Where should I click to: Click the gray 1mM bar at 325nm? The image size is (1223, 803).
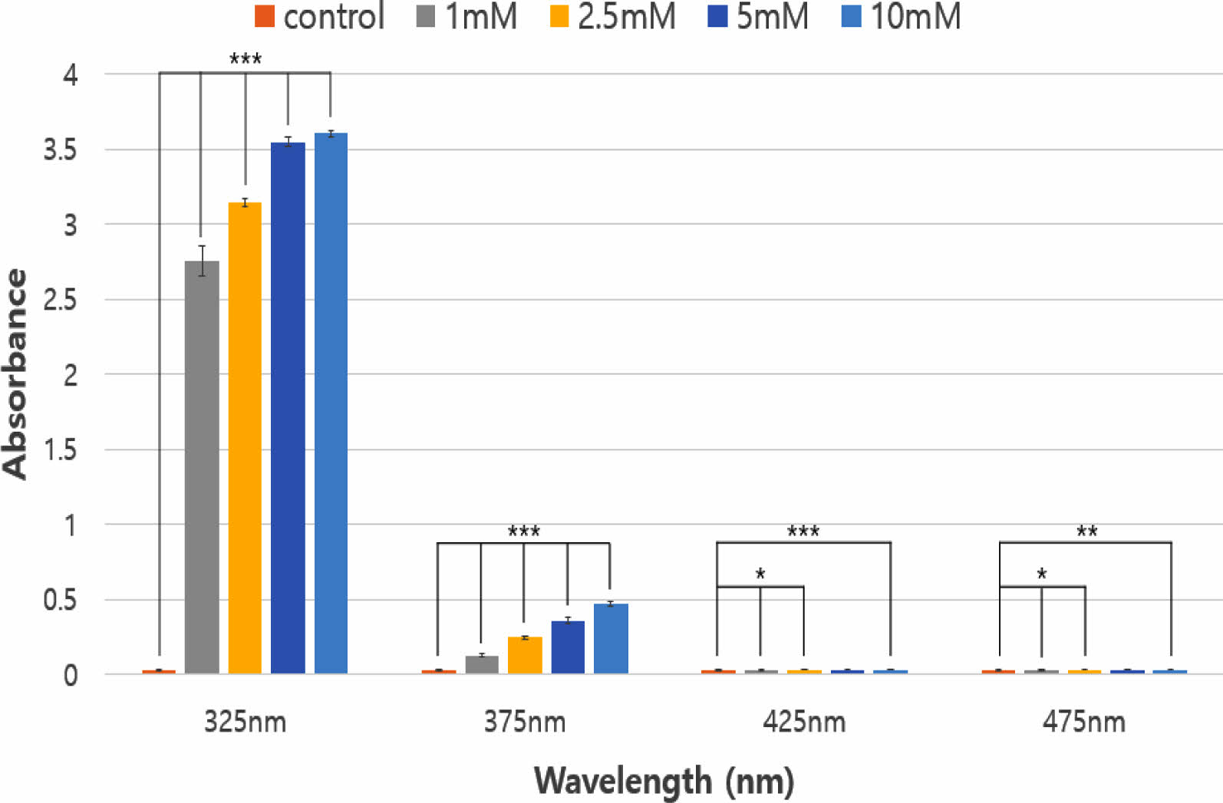pyautogui.click(x=202, y=468)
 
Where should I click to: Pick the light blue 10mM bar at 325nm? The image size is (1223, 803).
pyautogui.click(x=331, y=403)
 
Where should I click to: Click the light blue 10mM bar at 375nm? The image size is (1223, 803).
pyautogui.click(x=611, y=639)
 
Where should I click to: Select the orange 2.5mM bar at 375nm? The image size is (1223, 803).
pyautogui.click(x=525, y=655)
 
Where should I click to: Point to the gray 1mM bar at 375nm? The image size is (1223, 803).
pyautogui.click(x=482, y=664)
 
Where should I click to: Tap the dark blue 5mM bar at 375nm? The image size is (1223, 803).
pyautogui.click(x=568, y=647)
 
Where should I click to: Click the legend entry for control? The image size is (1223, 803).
pyautogui.click(x=319, y=16)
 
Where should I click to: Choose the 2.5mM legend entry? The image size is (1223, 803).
pyautogui.click(x=613, y=16)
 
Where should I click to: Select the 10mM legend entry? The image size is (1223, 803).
pyautogui.click(x=902, y=16)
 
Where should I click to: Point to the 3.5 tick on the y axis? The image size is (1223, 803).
pyautogui.click(x=61, y=150)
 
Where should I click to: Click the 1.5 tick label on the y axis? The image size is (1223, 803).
pyautogui.click(x=61, y=450)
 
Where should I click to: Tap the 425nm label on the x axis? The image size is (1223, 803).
pyautogui.click(x=804, y=722)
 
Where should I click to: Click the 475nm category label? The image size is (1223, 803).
pyautogui.click(x=1083, y=722)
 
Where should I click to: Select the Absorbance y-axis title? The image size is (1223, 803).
pyautogui.click(x=15, y=374)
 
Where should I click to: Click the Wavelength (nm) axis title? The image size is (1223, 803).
pyautogui.click(x=664, y=781)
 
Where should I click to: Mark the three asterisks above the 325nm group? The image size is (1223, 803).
pyautogui.click(x=246, y=59)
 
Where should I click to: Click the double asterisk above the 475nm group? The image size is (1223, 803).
pyautogui.click(x=1086, y=531)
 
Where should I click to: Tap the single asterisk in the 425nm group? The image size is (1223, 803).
pyautogui.click(x=760, y=574)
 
